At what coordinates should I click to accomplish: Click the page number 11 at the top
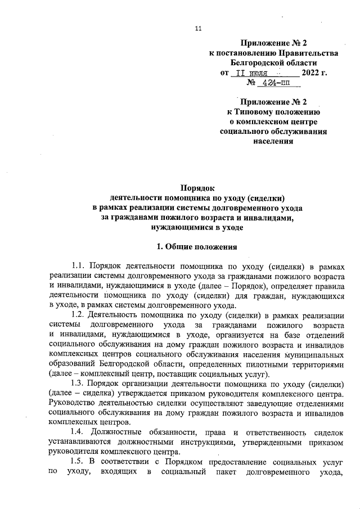pos(197,29)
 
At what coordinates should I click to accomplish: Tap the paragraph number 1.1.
pos(79,265)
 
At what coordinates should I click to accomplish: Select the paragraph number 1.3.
pos(79,384)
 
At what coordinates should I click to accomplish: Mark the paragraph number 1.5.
pos(79,461)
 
